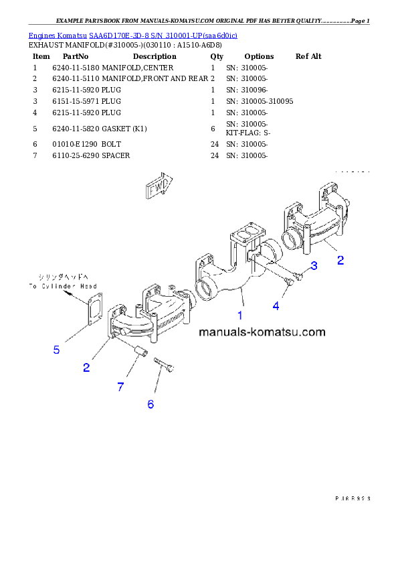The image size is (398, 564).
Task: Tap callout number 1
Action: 239,313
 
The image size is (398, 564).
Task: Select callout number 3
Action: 314,266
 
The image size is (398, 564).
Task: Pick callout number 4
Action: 275,305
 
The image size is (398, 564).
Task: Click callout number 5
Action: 57,349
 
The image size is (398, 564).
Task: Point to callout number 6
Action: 151,404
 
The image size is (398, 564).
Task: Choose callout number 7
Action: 120,386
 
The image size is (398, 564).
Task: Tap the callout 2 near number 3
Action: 340,260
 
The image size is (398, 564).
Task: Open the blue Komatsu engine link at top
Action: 132,35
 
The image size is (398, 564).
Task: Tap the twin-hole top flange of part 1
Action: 244,238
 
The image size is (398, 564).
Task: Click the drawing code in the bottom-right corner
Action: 353,498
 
